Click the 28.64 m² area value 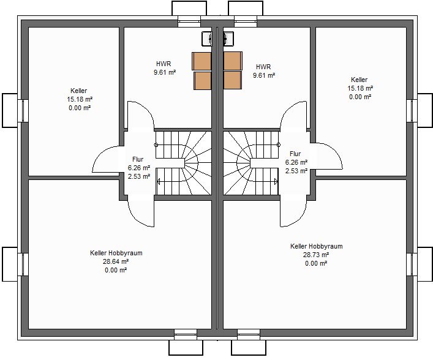coord(116,261)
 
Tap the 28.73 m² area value coord(316,255)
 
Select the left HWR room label coord(164,64)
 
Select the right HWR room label coord(263,67)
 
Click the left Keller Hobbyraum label coord(116,253)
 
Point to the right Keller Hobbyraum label coord(317,246)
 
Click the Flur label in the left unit coord(138,159)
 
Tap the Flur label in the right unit coord(295,154)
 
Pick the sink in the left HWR coord(207,39)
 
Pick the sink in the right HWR coord(228,39)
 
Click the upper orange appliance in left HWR coord(202,61)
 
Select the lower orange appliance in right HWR coord(233,80)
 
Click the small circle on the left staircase coord(156,145)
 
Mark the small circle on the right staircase coord(279,145)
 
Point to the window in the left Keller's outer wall coord(23,110)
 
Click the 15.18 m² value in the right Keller coord(360,88)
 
